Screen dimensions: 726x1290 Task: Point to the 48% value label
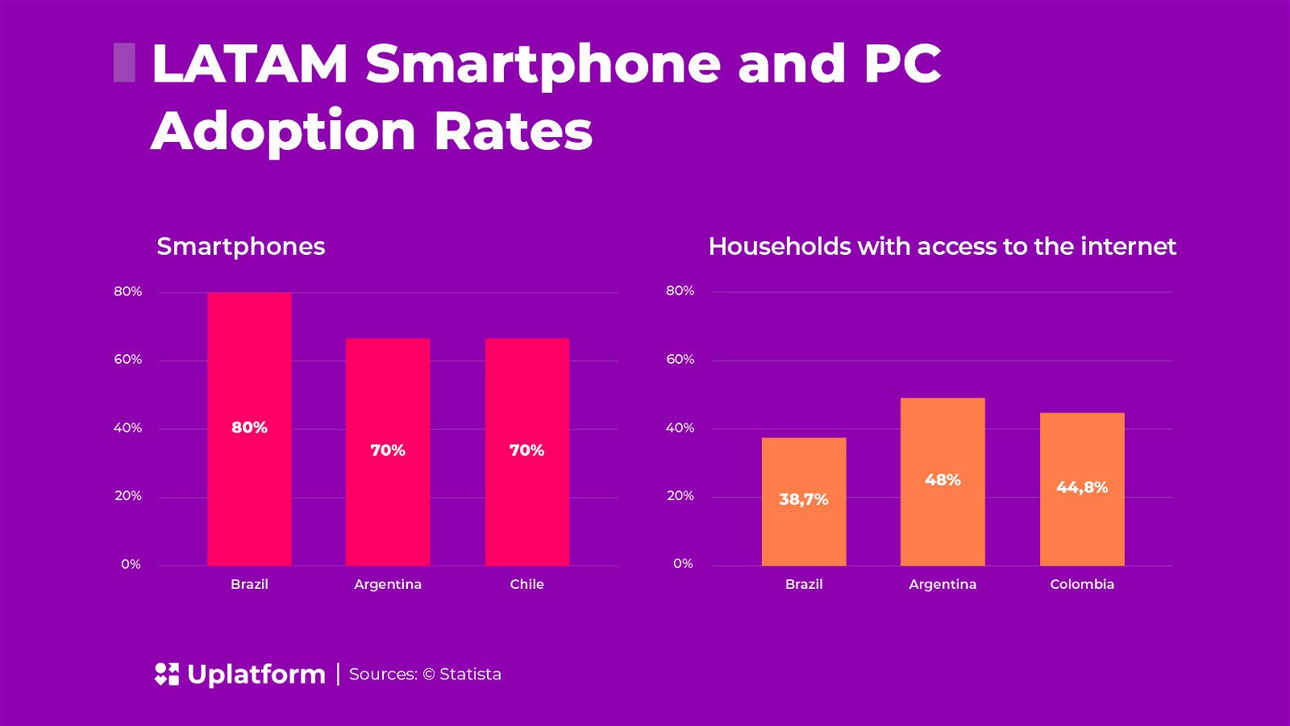[x=943, y=480]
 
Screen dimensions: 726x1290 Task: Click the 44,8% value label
[x=1082, y=487]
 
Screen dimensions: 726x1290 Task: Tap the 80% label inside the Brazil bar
[x=249, y=428]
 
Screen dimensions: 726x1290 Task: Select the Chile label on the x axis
[x=527, y=584]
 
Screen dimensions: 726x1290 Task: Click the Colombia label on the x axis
[x=1082, y=584]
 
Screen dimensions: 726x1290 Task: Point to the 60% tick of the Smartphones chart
[x=127, y=359]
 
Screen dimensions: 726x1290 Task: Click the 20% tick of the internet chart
[x=680, y=495]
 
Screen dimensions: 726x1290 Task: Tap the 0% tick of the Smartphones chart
[x=131, y=564]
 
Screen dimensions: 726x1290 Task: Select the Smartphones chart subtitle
[x=240, y=246]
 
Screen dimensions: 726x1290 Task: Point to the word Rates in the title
[x=513, y=131]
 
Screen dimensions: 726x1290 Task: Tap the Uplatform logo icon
[x=167, y=674]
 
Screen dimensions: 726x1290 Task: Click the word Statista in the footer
[x=470, y=674]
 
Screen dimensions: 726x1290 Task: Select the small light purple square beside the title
[x=124, y=63]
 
